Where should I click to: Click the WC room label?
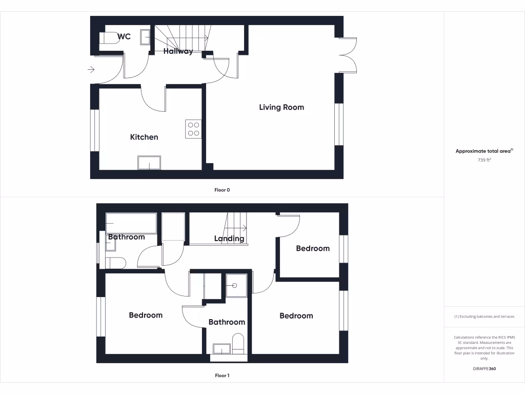pyautogui.click(x=124, y=37)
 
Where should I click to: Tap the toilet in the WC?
pyautogui.click(x=109, y=38)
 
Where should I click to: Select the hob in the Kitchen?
pyautogui.click(x=193, y=129)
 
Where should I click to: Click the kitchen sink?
pyautogui.click(x=149, y=163)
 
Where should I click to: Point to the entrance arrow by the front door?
pyautogui.click(x=91, y=70)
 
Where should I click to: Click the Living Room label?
pyautogui.click(x=281, y=107)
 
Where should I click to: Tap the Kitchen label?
pyautogui.click(x=144, y=137)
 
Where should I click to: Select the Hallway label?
pyautogui.click(x=178, y=51)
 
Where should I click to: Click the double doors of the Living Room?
pyautogui.click(x=348, y=55)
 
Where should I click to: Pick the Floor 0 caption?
pyautogui.click(x=222, y=190)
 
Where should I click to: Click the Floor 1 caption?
pyautogui.click(x=222, y=376)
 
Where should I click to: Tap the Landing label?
pyautogui.click(x=229, y=239)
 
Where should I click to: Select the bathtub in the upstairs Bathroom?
pyautogui.click(x=131, y=223)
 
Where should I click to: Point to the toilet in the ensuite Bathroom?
pyautogui.click(x=238, y=343)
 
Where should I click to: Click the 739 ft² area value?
pyautogui.click(x=484, y=161)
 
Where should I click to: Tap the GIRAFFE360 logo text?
pyautogui.click(x=484, y=369)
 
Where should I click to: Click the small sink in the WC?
pyautogui.click(x=146, y=37)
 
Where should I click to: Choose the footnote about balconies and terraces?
pyautogui.click(x=484, y=317)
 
